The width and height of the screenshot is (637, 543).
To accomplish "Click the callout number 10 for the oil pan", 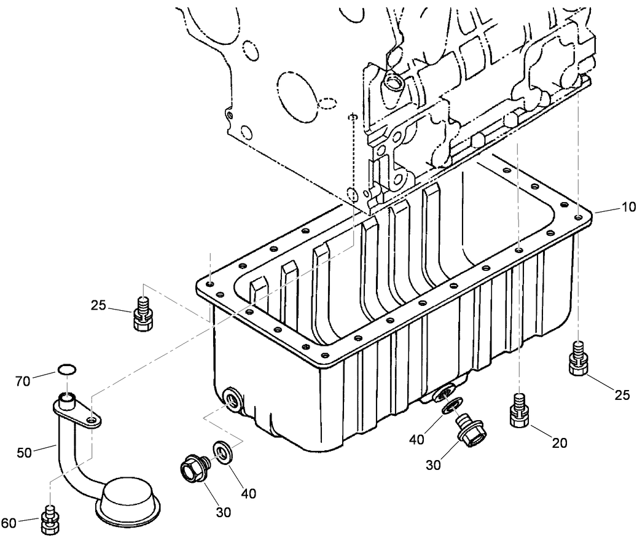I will (x=628, y=207).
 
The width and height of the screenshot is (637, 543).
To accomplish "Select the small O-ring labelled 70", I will (x=66, y=369).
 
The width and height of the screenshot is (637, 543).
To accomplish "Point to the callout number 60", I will (x=9, y=523).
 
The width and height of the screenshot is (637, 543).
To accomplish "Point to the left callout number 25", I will (x=99, y=305).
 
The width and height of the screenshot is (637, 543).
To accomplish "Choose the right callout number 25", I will (x=622, y=396).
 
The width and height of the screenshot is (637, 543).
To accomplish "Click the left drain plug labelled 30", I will (x=192, y=472).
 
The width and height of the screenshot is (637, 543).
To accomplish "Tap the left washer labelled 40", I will (x=222, y=450).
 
